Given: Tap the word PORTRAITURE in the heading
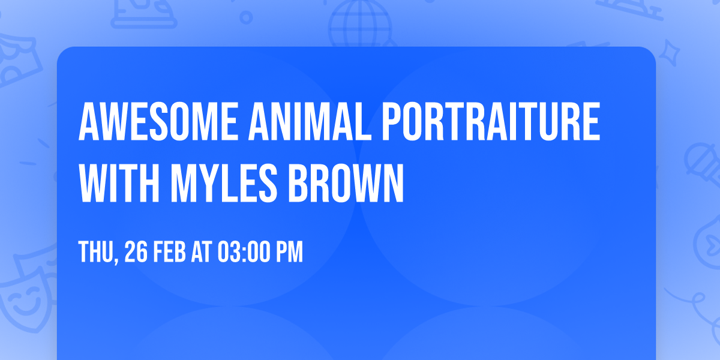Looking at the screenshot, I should (x=490, y=122).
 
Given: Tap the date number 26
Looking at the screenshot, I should (x=136, y=253).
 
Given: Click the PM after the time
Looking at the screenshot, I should (x=290, y=253).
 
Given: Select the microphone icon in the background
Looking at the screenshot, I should (x=698, y=158).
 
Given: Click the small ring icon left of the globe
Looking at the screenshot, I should (x=246, y=17).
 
